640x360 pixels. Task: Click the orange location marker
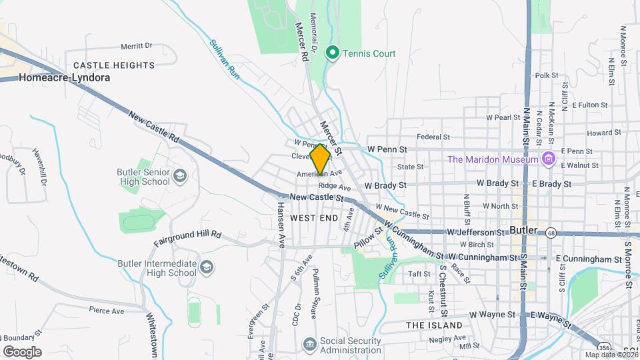[x=321, y=159]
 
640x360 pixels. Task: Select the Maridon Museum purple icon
[x=549, y=159]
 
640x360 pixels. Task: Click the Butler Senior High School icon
[x=179, y=176]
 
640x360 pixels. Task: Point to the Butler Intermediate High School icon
[x=207, y=267]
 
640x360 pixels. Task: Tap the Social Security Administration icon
[x=310, y=344]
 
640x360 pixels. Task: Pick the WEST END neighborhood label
[x=314, y=218]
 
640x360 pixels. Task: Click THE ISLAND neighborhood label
[x=434, y=325]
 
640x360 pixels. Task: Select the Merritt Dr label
[x=137, y=46]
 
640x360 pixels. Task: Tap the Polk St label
[x=546, y=75]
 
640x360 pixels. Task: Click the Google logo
[x=22, y=352]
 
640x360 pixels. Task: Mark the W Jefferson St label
[x=475, y=233]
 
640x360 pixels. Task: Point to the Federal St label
[x=429, y=137]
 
